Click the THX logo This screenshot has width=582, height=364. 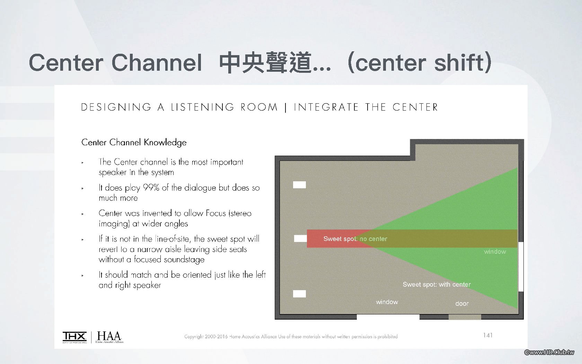tap(74, 337)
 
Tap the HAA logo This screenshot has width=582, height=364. tap(109, 337)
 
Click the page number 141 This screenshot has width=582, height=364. tap(488, 335)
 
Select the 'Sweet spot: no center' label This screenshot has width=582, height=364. tap(355, 239)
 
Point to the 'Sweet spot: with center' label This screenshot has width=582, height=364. tap(436, 284)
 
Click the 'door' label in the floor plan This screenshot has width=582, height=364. tap(462, 303)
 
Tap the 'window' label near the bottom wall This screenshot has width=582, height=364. tap(387, 302)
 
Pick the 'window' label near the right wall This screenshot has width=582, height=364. tap(495, 251)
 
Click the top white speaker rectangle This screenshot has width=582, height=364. tap(299, 185)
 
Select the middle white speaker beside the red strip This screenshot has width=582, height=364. tap(300, 239)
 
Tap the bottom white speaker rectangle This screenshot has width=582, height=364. tap(299, 294)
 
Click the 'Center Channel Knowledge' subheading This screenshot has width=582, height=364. tap(134, 142)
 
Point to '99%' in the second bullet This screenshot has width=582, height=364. tap(151, 188)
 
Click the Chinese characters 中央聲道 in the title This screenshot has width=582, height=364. tap(265, 62)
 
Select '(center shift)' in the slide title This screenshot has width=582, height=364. tap(419, 62)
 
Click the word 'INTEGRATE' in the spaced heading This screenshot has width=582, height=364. tap(326, 107)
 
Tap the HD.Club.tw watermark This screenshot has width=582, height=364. tap(549, 352)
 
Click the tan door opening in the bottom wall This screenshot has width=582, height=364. tap(465, 317)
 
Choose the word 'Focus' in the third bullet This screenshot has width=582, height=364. tap(215, 213)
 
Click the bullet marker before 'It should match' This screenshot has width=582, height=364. tap(82, 275)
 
